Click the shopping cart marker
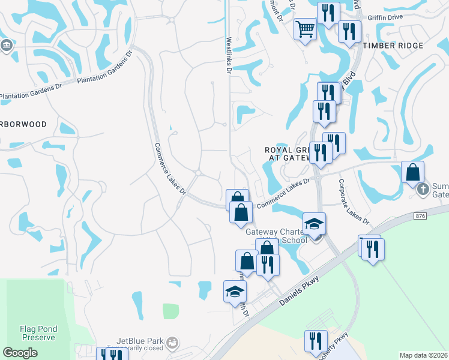306,28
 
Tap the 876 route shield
419,215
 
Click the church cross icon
423,190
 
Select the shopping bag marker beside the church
413,173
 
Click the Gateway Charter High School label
277,236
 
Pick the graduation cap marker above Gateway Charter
314,224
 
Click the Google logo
20,353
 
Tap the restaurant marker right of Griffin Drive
349,31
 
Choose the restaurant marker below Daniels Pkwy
316,341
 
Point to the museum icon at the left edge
7,45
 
